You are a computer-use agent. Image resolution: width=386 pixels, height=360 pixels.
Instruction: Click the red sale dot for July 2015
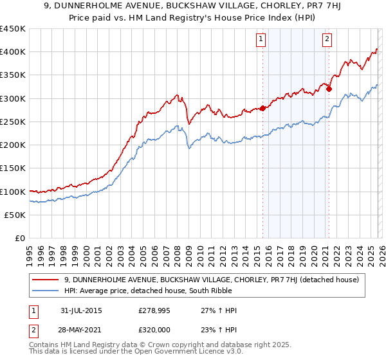262,109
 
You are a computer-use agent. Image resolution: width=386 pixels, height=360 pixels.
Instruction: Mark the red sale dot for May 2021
329,89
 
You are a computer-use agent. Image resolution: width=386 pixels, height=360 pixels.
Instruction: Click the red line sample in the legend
46,279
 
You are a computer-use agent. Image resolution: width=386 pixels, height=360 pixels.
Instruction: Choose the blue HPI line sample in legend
46,291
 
